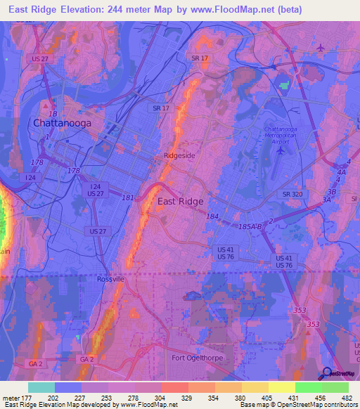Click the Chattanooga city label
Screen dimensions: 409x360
[x=61, y=124]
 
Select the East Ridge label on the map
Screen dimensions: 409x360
[x=180, y=202]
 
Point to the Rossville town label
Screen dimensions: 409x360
[x=110, y=279]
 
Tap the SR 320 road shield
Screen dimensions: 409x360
[x=292, y=194]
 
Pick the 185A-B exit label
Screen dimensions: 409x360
[x=250, y=226]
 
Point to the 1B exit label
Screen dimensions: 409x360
[x=51, y=114]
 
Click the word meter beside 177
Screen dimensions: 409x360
[x=12, y=398]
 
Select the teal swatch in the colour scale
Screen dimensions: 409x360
[x=41, y=387]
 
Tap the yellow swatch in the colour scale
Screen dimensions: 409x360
[x=281, y=387]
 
